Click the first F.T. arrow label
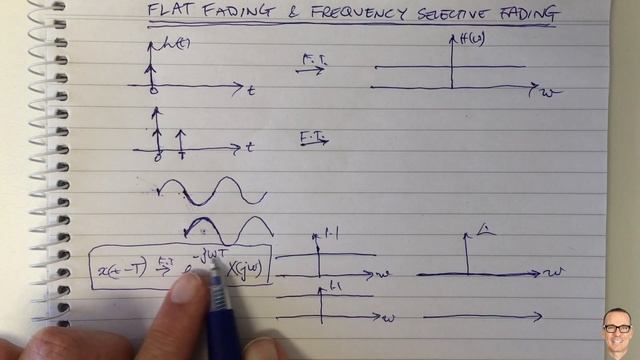(314, 62)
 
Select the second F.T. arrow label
(313, 136)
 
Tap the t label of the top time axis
(250, 90)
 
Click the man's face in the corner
(617, 330)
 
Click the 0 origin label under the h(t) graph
(153, 93)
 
